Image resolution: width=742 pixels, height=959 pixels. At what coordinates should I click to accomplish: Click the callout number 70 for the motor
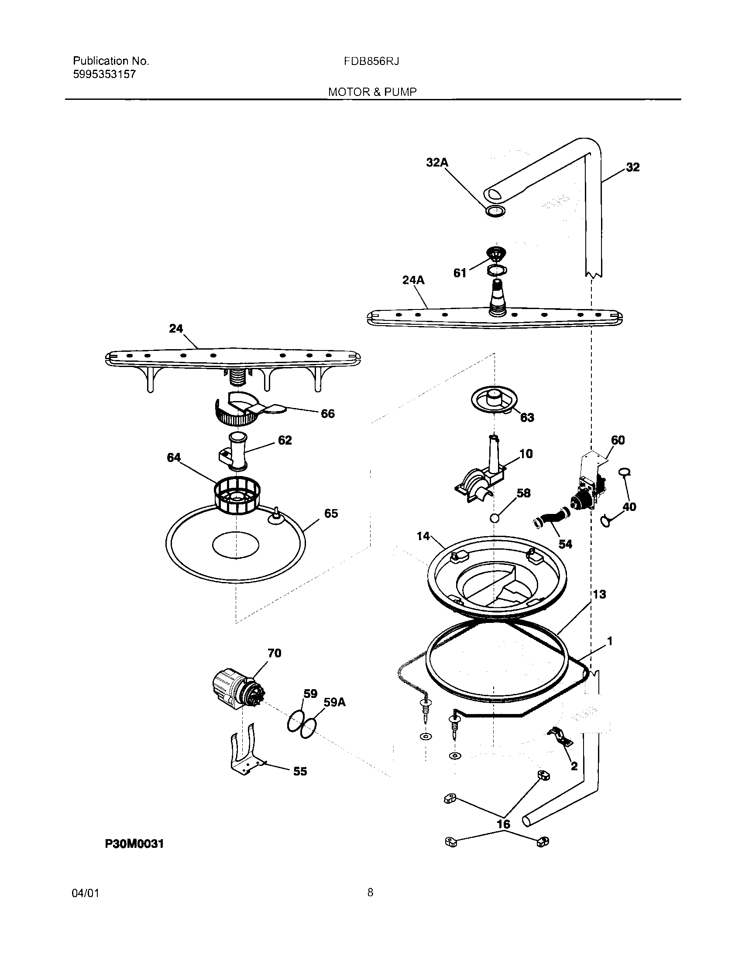(274, 653)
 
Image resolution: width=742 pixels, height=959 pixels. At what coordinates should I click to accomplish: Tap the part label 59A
(334, 702)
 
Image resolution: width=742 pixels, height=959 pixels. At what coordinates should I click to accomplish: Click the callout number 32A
(437, 163)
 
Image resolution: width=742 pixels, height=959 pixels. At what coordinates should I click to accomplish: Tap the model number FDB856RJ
(371, 61)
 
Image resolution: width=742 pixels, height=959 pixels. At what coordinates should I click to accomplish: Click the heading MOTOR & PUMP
(372, 92)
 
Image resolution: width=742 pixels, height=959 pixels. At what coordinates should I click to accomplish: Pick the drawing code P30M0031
(134, 843)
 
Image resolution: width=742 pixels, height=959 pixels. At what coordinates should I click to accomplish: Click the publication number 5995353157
(104, 74)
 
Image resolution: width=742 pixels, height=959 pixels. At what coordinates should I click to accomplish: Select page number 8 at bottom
(370, 892)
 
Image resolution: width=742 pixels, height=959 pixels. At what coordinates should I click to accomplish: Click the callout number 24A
(414, 280)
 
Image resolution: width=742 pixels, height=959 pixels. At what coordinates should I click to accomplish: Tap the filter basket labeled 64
(237, 495)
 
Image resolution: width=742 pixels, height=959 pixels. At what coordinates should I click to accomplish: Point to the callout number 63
(527, 417)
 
